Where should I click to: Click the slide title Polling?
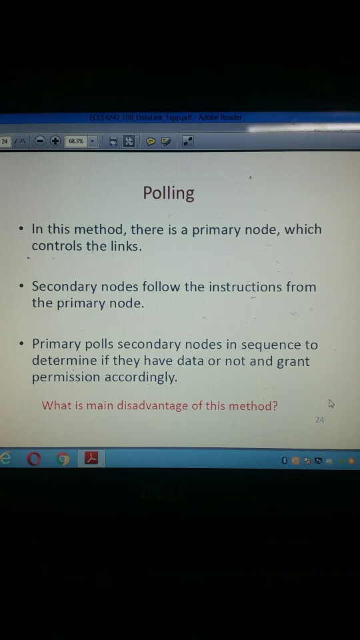[169, 193]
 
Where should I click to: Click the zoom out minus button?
[40, 141]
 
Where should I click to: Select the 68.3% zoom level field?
[77, 141]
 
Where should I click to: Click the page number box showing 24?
[5, 141]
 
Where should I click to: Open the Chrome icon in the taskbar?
[62, 459]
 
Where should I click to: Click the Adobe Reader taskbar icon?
[91, 459]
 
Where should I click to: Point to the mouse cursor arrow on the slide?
[331, 403]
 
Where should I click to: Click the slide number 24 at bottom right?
[319, 420]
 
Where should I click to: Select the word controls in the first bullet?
[57, 245]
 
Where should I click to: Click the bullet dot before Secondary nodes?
[21, 287]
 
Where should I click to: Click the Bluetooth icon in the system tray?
[284, 460]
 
